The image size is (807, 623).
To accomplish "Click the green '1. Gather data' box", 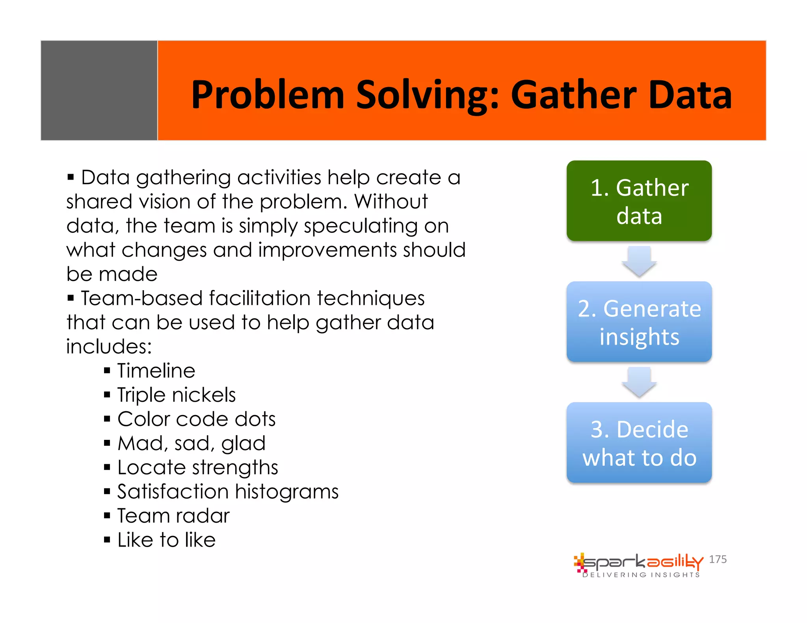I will (x=639, y=201).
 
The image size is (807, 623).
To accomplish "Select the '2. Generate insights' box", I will (x=639, y=322).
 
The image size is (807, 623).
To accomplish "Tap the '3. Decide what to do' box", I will (x=639, y=443).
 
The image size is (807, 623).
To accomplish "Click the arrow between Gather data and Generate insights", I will (x=639, y=261).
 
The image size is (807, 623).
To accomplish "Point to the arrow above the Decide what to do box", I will (x=639, y=382).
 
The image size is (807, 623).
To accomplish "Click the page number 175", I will (x=718, y=559).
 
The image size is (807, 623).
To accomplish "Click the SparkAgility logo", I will (x=638, y=565).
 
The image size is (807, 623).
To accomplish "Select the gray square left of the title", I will (x=99, y=91).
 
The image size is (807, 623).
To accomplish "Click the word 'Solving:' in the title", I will (x=428, y=95).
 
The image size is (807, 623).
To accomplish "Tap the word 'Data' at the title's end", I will (x=690, y=95).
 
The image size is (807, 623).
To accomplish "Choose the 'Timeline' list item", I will (x=156, y=371).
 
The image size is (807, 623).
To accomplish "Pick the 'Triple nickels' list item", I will (x=176, y=395).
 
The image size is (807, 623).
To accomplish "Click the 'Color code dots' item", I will (x=196, y=419).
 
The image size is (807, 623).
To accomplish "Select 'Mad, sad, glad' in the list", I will (x=192, y=443).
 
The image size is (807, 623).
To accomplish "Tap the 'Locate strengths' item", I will (x=197, y=467).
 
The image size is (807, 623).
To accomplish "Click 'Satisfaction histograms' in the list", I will (x=228, y=492).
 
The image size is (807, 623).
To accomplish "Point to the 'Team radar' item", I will (x=173, y=516).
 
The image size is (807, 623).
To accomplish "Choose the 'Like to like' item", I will (x=166, y=540).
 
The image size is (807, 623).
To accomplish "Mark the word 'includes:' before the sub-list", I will (x=109, y=347).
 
